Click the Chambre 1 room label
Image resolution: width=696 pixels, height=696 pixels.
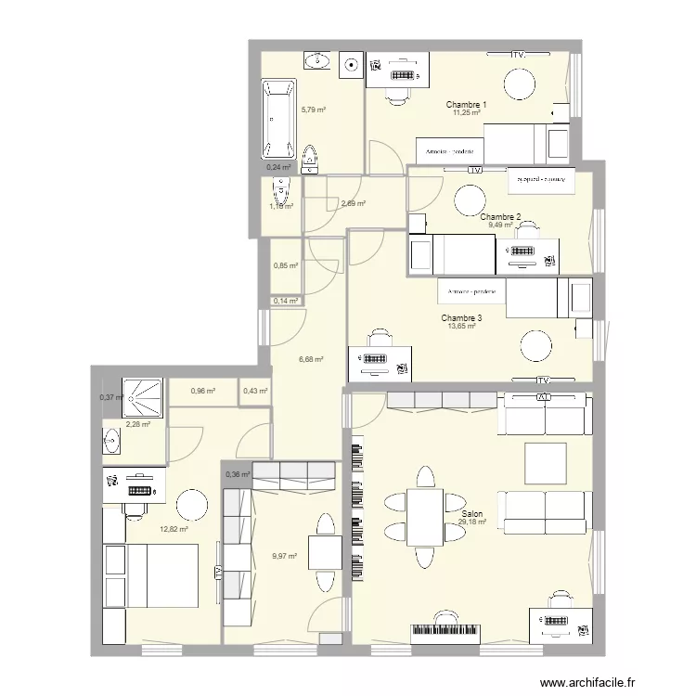pyautogui.click(x=466, y=105)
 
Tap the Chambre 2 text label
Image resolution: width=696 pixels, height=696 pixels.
pyautogui.click(x=500, y=216)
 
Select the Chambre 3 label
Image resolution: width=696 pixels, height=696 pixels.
pyautogui.click(x=461, y=318)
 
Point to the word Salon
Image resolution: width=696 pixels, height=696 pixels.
pyautogui.click(x=471, y=513)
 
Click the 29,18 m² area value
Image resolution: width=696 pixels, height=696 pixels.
pyautogui.click(x=471, y=522)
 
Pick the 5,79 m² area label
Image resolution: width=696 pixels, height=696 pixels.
pyautogui.click(x=313, y=110)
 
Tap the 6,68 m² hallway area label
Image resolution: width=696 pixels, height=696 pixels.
pyautogui.click(x=309, y=359)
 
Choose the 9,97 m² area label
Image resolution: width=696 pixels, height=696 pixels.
pyautogui.click(x=284, y=557)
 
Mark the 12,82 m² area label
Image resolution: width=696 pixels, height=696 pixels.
pyautogui.click(x=174, y=530)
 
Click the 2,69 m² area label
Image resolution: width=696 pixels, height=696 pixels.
pyautogui.click(x=353, y=204)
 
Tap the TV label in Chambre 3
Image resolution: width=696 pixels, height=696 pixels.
pyautogui.click(x=544, y=380)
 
